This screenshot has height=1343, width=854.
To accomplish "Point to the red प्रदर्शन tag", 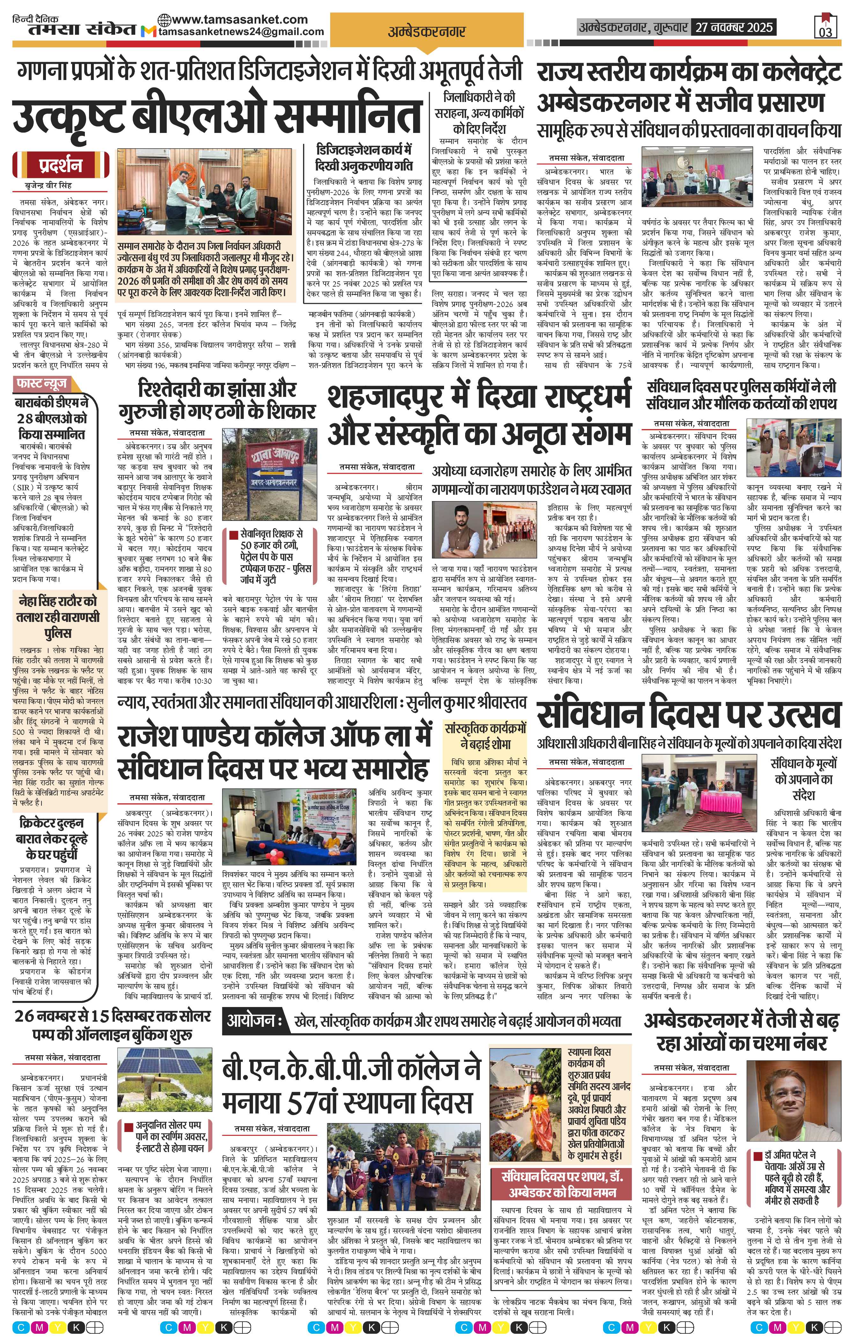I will (60, 166).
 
